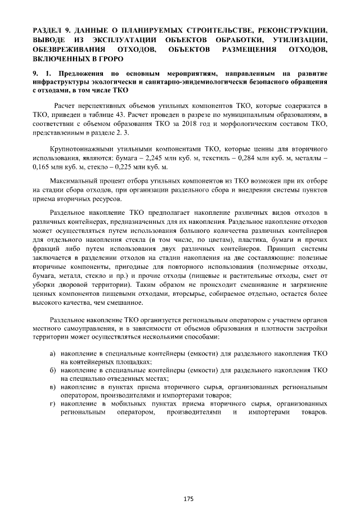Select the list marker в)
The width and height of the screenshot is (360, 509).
click(x=52, y=388)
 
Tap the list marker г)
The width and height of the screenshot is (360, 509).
click(x=52, y=404)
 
